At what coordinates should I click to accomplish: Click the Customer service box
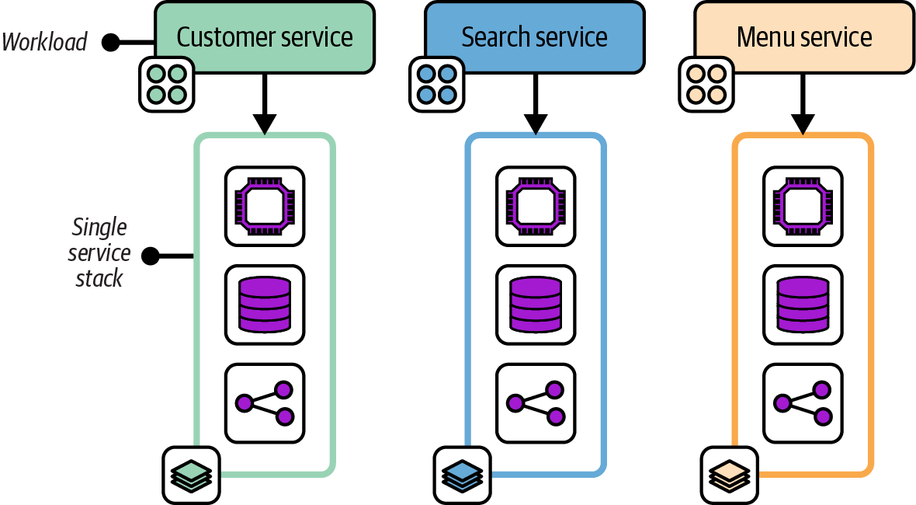[265, 37]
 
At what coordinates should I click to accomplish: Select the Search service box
[534, 37]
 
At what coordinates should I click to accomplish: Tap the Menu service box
[804, 37]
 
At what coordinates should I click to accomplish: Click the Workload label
[45, 42]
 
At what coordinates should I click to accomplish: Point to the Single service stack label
[99, 253]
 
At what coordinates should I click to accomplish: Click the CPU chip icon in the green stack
[265, 206]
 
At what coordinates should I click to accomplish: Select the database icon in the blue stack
[535, 305]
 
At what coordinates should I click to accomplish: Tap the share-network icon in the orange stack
[803, 402]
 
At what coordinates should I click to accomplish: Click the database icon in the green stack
[265, 305]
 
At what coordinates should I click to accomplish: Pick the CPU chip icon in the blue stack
[535, 206]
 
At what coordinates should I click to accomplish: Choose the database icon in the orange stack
[803, 305]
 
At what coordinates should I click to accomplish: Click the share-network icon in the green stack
[265, 402]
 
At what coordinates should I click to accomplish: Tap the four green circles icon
[166, 84]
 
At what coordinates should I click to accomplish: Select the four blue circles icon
[436, 84]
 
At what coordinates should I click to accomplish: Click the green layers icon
[191, 473]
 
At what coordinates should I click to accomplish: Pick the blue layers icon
[462, 473]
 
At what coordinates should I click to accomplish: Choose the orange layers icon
[730, 473]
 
